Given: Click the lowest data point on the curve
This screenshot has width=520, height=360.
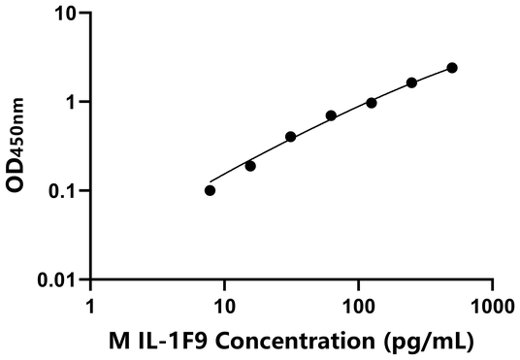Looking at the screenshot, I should pos(211,190).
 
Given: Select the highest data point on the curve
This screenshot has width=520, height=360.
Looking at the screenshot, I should pos(452,68).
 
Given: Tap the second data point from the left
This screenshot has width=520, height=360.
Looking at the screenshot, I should pos(250,166).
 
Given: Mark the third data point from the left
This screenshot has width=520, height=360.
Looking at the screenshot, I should pos(290,137).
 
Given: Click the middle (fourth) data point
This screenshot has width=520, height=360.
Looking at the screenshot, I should pos(331,115).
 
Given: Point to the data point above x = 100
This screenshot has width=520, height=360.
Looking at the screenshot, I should pos(372,103).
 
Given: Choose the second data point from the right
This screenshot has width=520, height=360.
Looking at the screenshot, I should pos(411,82).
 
